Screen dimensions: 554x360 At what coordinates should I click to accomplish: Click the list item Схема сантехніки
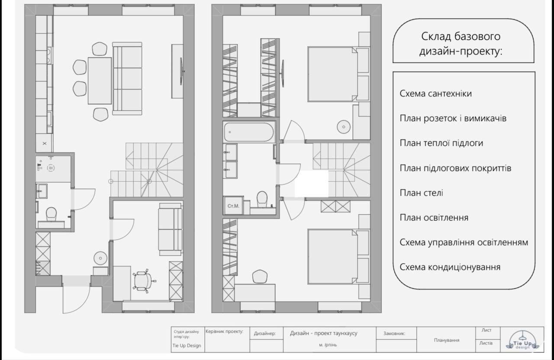click(435, 94)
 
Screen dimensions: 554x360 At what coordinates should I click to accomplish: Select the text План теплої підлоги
click(441, 143)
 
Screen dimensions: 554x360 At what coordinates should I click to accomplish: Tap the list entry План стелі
click(421, 193)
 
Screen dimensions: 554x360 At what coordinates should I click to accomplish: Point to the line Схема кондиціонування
click(450, 267)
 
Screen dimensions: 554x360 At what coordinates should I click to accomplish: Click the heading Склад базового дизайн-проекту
click(461, 44)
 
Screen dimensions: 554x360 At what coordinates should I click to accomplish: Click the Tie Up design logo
click(522, 341)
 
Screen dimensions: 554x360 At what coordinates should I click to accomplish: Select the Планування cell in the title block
click(446, 340)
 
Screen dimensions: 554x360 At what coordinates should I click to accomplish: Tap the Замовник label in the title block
click(394, 334)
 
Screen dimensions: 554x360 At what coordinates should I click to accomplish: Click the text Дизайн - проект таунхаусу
click(323, 333)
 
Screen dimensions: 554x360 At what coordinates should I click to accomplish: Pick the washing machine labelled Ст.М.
click(233, 206)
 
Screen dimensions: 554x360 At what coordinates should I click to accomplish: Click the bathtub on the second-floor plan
click(249, 132)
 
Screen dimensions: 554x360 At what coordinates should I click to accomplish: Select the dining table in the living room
click(100, 80)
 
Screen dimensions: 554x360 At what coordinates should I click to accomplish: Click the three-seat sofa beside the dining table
click(127, 79)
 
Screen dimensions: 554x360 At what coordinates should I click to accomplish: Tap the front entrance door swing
click(76, 299)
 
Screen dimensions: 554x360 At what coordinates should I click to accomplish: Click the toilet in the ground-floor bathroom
click(51, 214)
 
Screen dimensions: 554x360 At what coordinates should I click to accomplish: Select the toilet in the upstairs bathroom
click(262, 199)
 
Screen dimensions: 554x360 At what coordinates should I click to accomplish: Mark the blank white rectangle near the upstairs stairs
click(312, 183)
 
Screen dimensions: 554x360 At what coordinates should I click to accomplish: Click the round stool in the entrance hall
click(100, 258)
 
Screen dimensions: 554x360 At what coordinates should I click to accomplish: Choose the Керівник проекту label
click(224, 331)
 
